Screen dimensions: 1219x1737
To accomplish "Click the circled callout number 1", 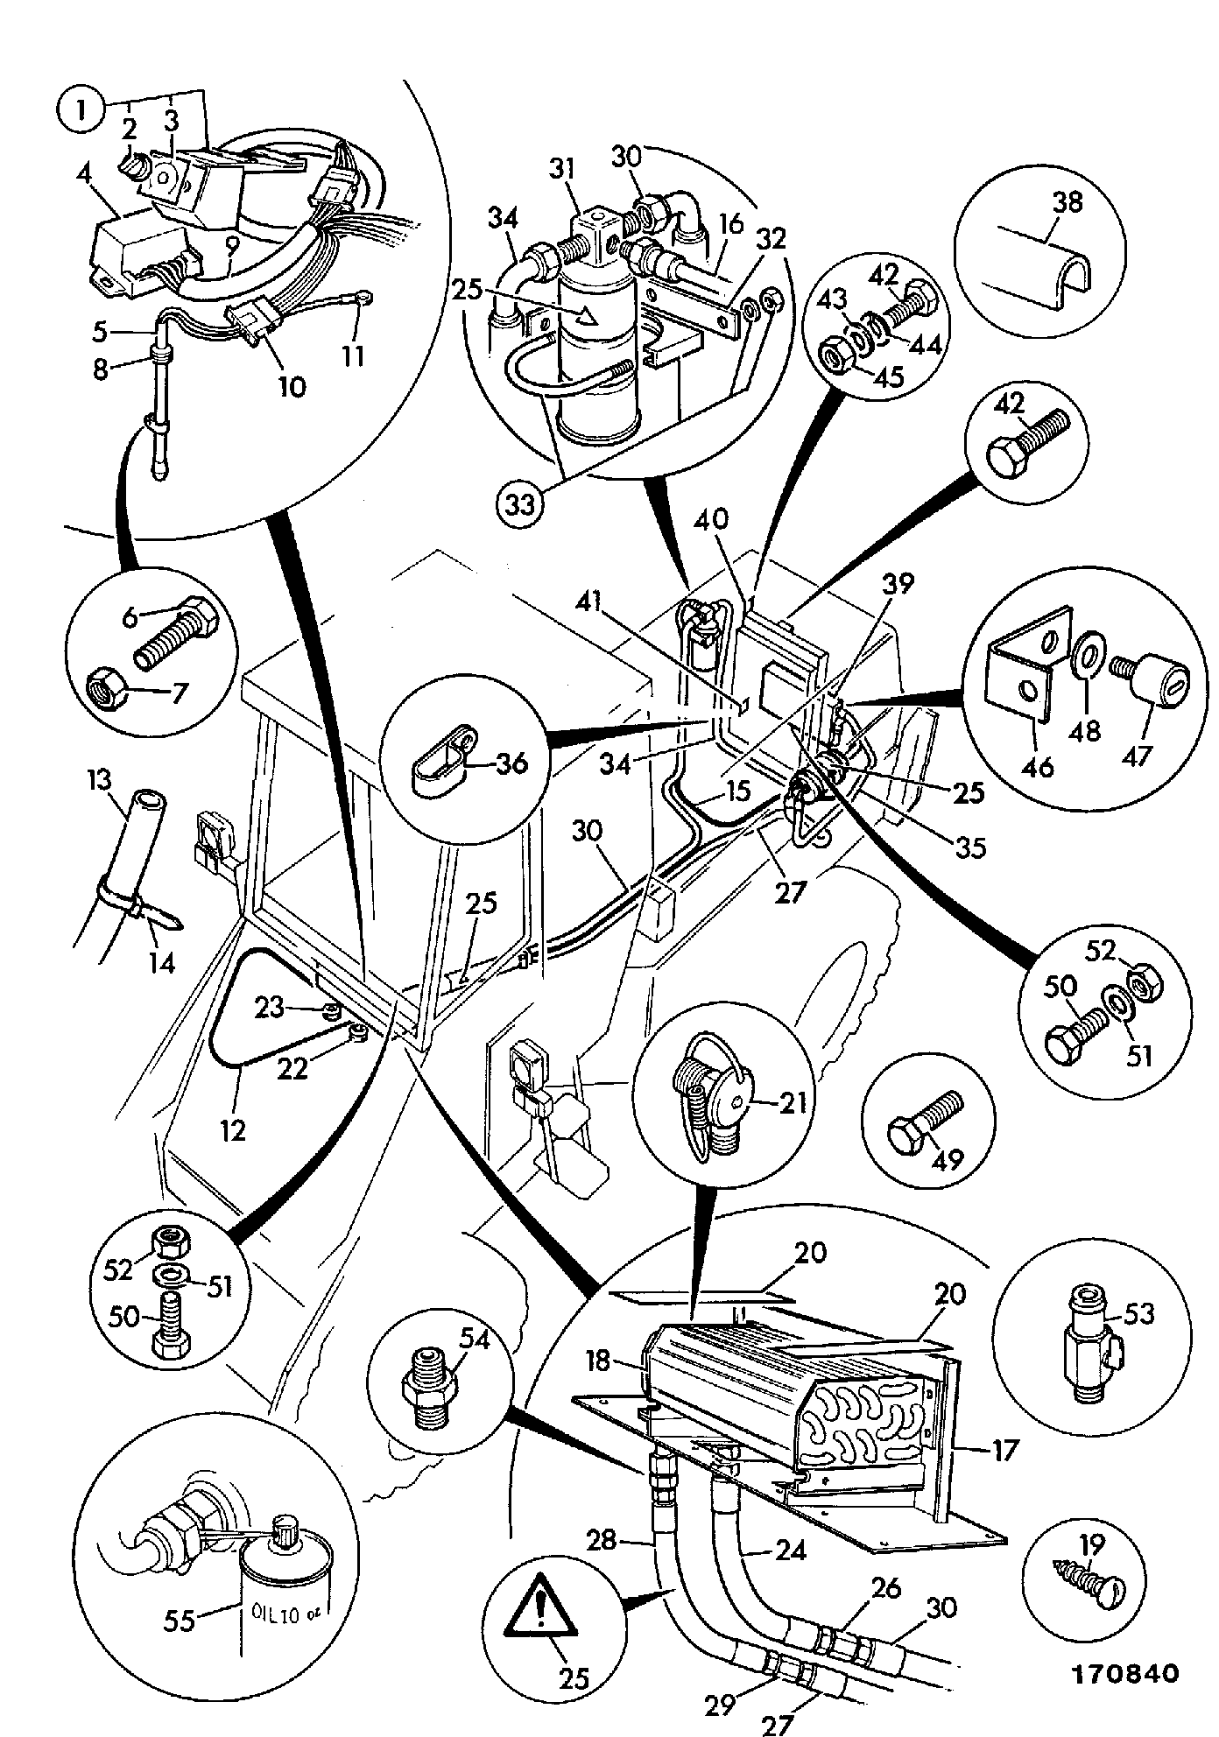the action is click(81, 113).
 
